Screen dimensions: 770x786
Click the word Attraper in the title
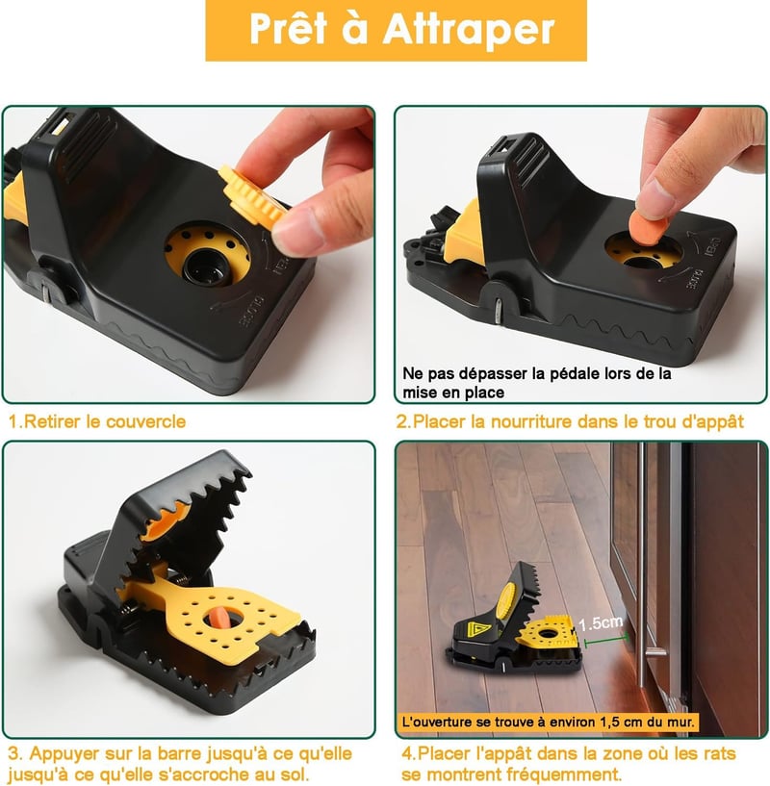tap(469, 29)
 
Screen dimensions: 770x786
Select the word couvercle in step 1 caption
tap(145, 421)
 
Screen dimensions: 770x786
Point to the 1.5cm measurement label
tap(601, 623)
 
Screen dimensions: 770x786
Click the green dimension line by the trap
tap(606, 640)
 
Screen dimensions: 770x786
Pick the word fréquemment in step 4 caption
tap(564, 773)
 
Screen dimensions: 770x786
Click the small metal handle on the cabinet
tap(655, 651)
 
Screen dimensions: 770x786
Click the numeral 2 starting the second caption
tap(401, 421)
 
